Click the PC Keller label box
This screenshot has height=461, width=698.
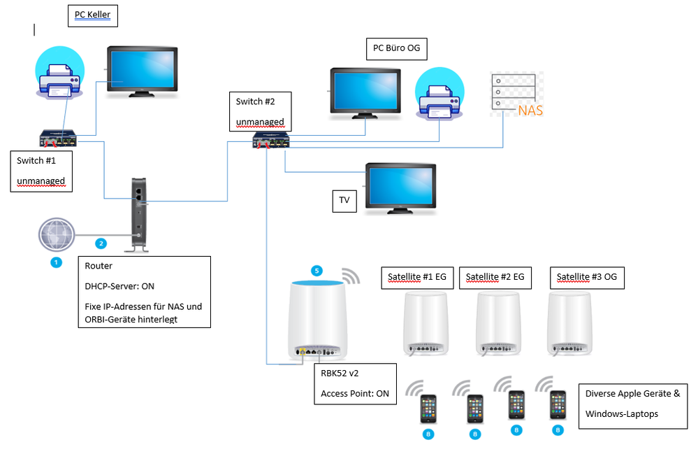coord(93,15)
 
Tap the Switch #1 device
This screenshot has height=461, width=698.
coord(61,139)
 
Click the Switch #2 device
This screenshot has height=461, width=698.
coord(272,141)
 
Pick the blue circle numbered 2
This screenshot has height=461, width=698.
coord(101,243)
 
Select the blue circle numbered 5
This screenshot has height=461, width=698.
coord(317,270)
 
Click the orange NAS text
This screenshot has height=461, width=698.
coord(530,111)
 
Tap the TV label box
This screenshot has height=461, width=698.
coord(344,199)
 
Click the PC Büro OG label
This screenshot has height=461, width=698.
coord(396,48)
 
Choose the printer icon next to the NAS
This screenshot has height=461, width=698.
coord(437,97)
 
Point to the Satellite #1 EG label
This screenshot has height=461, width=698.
coord(418,277)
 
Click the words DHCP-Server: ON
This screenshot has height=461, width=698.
coord(120,286)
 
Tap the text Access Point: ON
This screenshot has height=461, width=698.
coord(354,393)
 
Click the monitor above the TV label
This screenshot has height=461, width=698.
coord(401,188)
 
